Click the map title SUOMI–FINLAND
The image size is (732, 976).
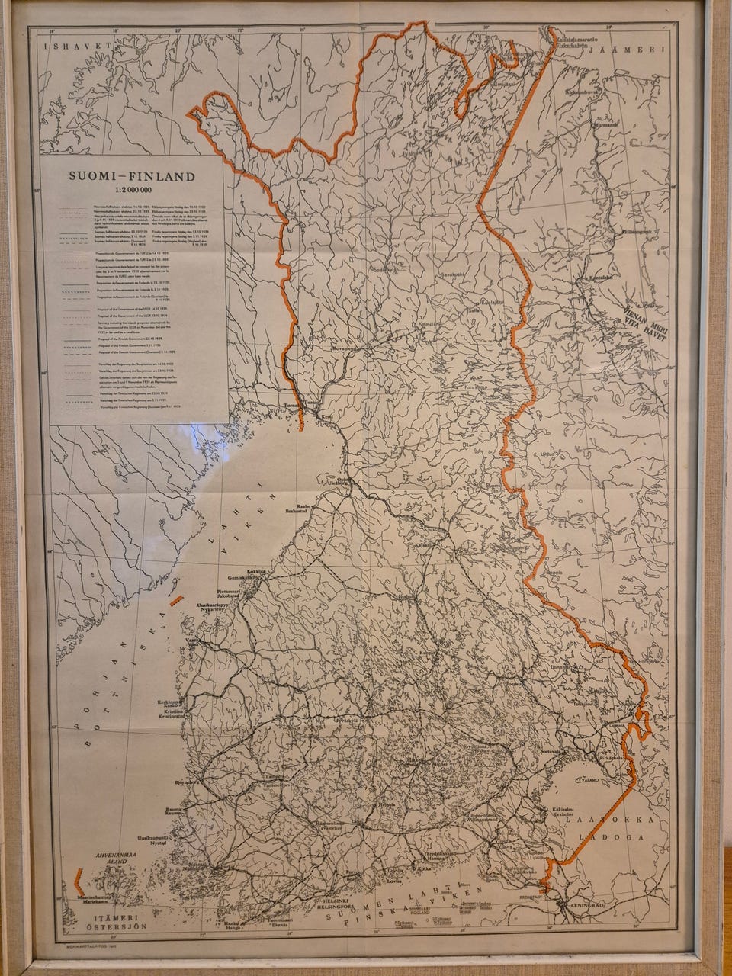[x=133, y=176]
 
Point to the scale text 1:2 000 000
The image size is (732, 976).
[x=133, y=189]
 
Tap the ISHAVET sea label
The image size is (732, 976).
[x=68, y=46]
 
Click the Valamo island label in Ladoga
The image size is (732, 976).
[x=590, y=780]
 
